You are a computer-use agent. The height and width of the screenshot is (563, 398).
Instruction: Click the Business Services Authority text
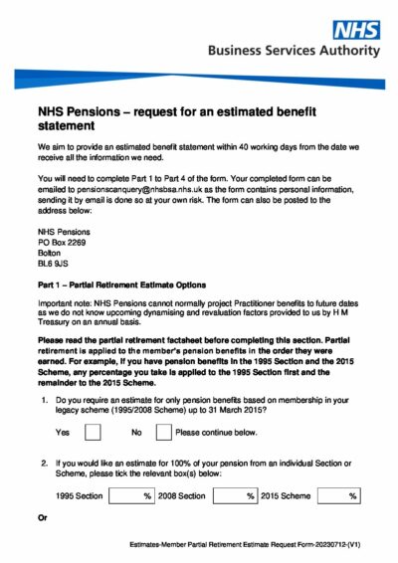point(294,51)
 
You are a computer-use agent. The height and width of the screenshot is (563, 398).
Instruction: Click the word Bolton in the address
point(49,253)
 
